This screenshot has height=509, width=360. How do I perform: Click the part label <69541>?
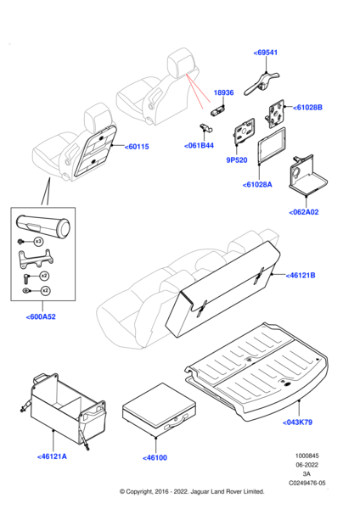click(x=266, y=53)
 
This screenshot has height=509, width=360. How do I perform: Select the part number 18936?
click(x=223, y=92)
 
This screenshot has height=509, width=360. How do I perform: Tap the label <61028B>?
click(x=307, y=108)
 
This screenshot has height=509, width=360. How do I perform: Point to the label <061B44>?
click(x=199, y=146)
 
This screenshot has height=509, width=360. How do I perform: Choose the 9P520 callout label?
click(x=237, y=160)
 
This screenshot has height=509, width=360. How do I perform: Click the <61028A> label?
click(x=257, y=185)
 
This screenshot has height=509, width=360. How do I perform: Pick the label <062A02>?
click(x=304, y=212)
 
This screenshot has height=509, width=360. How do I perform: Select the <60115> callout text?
click(x=137, y=147)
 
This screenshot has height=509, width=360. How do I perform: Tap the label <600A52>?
click(x=41, y=316)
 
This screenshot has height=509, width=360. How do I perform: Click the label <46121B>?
click(x=301, y=275)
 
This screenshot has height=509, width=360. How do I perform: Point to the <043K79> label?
click(x=297, y=422)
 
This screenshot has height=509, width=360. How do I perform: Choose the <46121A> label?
click(x=52, y=456)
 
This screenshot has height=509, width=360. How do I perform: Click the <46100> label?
click(x=155, y=458)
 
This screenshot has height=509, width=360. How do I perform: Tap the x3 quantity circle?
click(x=38, y=242)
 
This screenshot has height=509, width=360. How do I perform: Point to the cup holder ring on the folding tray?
click(x=296, y=172)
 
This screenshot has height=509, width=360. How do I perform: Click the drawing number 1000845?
click(x=307, y=456)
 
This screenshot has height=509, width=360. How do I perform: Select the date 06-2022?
click(x=307, y=465)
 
